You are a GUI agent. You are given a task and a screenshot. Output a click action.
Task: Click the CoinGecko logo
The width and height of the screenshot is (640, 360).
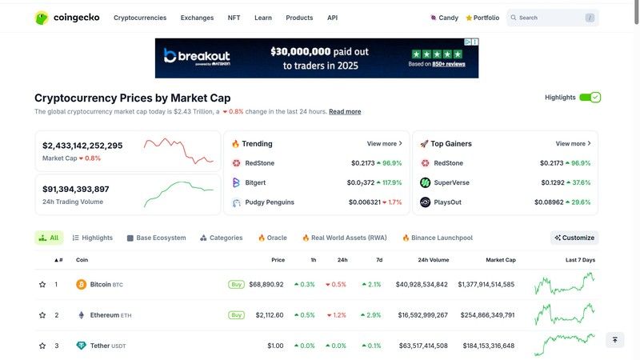pyautogui.click(x=67, y=18)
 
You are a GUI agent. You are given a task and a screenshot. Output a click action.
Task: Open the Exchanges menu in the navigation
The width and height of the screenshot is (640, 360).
pyautogui.click(x=197, y=18)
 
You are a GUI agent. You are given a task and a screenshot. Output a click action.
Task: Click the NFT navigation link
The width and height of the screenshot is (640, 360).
pyautogui.click(x=234, y=18)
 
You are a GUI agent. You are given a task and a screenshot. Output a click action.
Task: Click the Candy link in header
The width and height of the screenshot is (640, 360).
pyautogui.click(x=444, y=18)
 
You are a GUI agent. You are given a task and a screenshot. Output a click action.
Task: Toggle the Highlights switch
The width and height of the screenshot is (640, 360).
pyautogui.click(x=590, y=98)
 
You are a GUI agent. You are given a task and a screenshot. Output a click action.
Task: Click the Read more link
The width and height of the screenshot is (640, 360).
pyautogui.click(x=345, y=112)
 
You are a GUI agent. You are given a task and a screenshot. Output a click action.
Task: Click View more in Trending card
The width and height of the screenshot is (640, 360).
pyautogui.click(x=384, y=144)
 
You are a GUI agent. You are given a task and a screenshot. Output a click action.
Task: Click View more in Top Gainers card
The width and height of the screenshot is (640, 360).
pyautogui.click(x=573, y=144)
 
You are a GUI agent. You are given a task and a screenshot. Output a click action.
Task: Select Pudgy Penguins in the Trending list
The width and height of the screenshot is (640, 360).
pyautogui.click(x=269, y=202)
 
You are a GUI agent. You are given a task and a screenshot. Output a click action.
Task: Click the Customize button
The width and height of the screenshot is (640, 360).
pyautogui.click(x=574, y=238)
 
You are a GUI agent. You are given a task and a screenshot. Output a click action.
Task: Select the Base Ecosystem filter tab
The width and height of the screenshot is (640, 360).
pyautogui.click(x=157, y=238)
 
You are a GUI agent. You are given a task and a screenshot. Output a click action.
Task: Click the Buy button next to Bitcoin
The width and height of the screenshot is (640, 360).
pyautogui.click(x=236, y=284)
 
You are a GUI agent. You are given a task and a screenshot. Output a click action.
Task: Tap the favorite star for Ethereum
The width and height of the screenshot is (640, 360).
pyautogui.click(x=42, y=315)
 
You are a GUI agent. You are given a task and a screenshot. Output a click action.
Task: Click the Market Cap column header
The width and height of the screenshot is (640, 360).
pyautogui.click(x=500, y=260)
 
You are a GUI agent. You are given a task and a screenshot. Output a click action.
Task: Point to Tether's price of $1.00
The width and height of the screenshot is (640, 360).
pyautogui.click(x=275, y=346)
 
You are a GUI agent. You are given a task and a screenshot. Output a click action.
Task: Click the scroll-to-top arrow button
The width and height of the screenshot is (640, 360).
pyautogui.click(x=614, y=340)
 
